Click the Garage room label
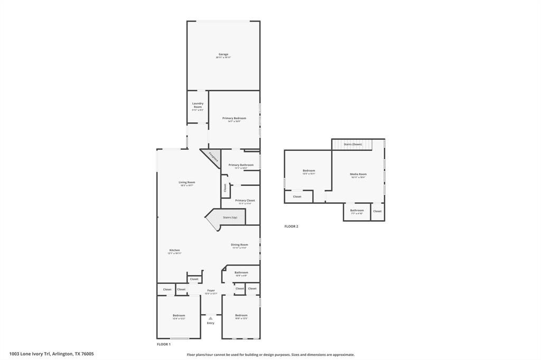click(223, 54)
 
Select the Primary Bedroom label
click(234, 119)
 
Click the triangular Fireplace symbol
click(212, 157)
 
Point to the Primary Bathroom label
click(241, 165)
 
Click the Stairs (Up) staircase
click(229, 217)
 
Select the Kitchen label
click(174, 251)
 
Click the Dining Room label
click(239, 245)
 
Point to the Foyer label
click(211, 291)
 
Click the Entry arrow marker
click(210, 318)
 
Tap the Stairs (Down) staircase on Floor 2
click(352, 144)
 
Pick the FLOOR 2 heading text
click(291, 226)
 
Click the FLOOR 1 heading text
click(163, 344)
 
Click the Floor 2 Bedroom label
click(309, 171)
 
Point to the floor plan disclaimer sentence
click(270, 355)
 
